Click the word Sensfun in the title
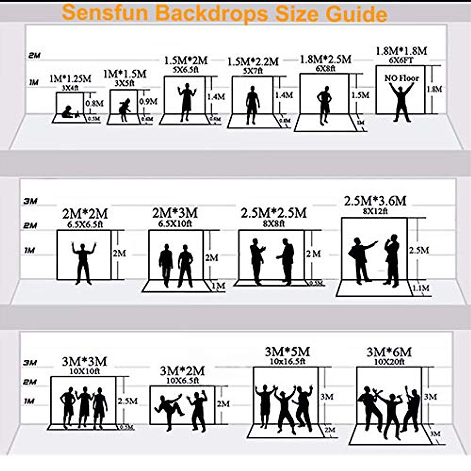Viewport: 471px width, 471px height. tap(105, 13)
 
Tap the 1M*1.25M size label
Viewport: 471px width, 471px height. tap(70, 79)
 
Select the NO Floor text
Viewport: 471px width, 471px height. tap(402, 78)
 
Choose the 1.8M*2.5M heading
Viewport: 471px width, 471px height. tap(325, 59)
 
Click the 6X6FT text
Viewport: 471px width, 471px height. tap(402, 60)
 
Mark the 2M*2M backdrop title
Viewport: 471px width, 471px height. tap(85, 214)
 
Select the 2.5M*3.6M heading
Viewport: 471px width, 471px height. tap(375, 201)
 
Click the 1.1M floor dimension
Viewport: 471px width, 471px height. tap(420, 288)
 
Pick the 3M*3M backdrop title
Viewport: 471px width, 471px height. tap(84, 361)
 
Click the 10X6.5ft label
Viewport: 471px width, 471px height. tap(182, 380)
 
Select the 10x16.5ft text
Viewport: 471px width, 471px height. tap(287, 361)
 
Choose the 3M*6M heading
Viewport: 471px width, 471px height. tap(389, 352)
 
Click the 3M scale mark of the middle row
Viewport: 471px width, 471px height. tap(30, 201)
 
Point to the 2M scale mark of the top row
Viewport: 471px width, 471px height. tap(34, 55)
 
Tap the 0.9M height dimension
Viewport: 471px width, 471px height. tap(148, 102)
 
